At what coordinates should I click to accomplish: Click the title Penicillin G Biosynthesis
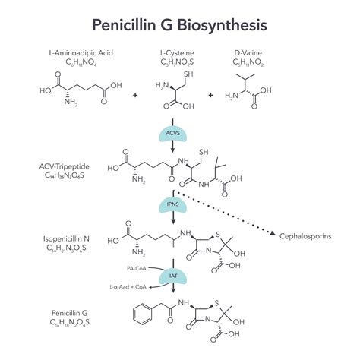[179, 24]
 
